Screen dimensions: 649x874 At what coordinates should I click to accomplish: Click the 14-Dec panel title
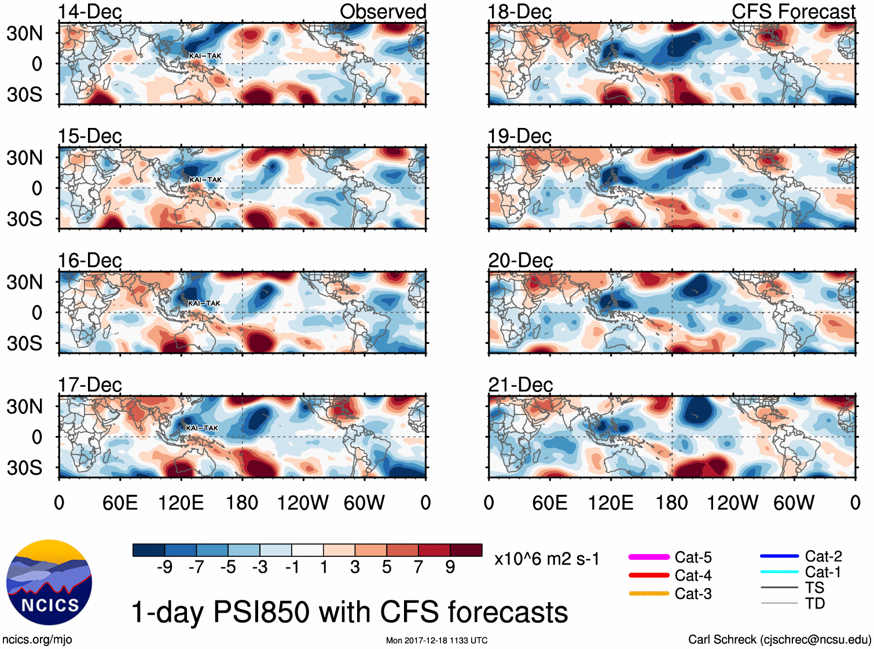[x=90, y=12]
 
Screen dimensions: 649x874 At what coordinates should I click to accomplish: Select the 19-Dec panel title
[x=520, y=136]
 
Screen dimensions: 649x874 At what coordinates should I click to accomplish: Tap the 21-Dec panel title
[x=520, y=384]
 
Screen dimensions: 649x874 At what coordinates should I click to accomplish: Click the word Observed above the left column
[x=383, y=12]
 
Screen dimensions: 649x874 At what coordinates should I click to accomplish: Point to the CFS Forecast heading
[x=793, y=12]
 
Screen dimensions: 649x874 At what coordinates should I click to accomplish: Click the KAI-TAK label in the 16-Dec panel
[x=204, y=303]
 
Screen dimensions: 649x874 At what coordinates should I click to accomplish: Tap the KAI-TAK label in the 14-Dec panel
[x=205, y=56]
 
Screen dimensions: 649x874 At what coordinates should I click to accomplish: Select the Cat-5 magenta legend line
[x=649, y=557]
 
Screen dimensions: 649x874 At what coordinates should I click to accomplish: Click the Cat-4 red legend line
[x=649, y=575]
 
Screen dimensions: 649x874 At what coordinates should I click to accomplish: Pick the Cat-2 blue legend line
[x=779, y=556]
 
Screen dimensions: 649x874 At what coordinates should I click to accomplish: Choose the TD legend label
[x=814, y=604]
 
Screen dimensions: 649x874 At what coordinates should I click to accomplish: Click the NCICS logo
[x=49, y=582]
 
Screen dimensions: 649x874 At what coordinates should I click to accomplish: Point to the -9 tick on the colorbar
[x=165, y=567]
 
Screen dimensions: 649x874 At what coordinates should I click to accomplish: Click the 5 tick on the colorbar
[x=387, y=567]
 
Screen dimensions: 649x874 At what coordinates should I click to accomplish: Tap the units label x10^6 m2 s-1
[x=546, y=559]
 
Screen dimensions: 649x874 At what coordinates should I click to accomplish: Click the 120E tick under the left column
[x=181, y=503]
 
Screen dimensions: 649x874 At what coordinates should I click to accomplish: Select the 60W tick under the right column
[x=794, y=503]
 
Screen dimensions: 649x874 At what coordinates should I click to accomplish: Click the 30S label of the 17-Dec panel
[x=25, y=467]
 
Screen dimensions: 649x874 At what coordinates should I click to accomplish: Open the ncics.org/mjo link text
[x=37, y=640]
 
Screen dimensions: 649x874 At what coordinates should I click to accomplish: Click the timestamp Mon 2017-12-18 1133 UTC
[x=436, y=640]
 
